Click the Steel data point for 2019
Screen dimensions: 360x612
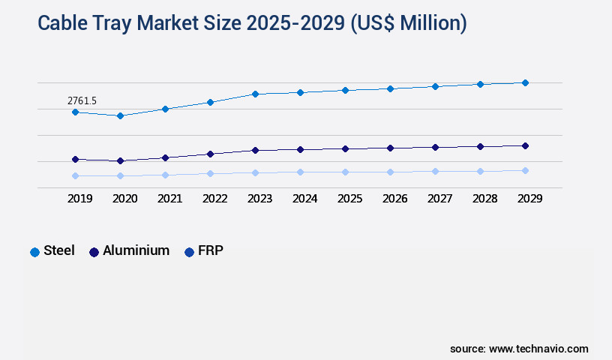coord(75,112)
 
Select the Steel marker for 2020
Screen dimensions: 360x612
coord(120,115)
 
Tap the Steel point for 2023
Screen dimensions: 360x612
coord(255,94)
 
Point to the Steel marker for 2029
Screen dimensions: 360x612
coord(525,82)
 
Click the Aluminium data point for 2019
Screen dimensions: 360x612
coord(75,159)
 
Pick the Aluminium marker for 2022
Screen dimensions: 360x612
coord(210,154)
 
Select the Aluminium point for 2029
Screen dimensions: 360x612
coord(525,145)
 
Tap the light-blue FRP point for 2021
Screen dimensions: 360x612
coord(165,175)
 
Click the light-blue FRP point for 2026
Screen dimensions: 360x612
coord(390,172)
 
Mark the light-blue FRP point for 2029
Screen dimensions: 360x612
coord(525,170)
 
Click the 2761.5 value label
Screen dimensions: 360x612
coord(82,100)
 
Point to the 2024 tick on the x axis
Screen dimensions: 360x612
coord(304,199)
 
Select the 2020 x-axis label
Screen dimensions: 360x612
coord(124,199)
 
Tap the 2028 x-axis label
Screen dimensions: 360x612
coord(484,199)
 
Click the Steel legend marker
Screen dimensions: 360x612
coord(34,252)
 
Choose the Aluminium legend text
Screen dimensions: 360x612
coord(136,250)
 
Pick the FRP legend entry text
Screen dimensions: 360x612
coord(210,250)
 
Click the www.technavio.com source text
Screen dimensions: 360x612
coord(538,349)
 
